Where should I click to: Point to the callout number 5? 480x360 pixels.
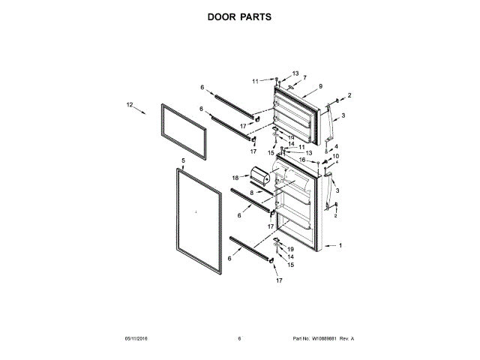(x=183, y=160)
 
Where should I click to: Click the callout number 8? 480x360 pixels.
(x=252, y=193)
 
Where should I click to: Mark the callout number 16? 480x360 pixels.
(x=303, y=160)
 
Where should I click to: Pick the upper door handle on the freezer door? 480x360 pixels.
(x=328, y=124)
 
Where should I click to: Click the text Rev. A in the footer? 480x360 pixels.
(x=347, y=339)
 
